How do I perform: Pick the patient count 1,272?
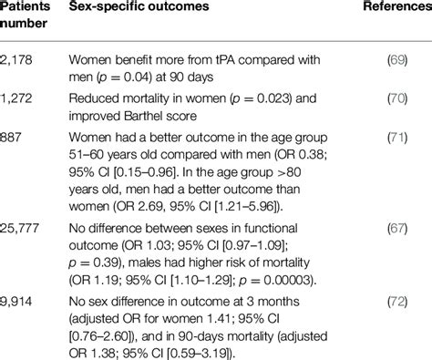pyautogui.click(x=18, y=104)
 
